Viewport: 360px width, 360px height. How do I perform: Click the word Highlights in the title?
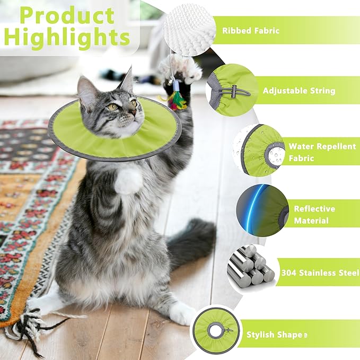67,37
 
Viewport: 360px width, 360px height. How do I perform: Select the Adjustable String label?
299,91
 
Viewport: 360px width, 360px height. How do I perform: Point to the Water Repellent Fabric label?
322,152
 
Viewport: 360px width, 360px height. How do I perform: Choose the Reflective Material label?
314,214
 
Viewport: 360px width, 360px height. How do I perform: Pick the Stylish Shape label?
276,335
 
